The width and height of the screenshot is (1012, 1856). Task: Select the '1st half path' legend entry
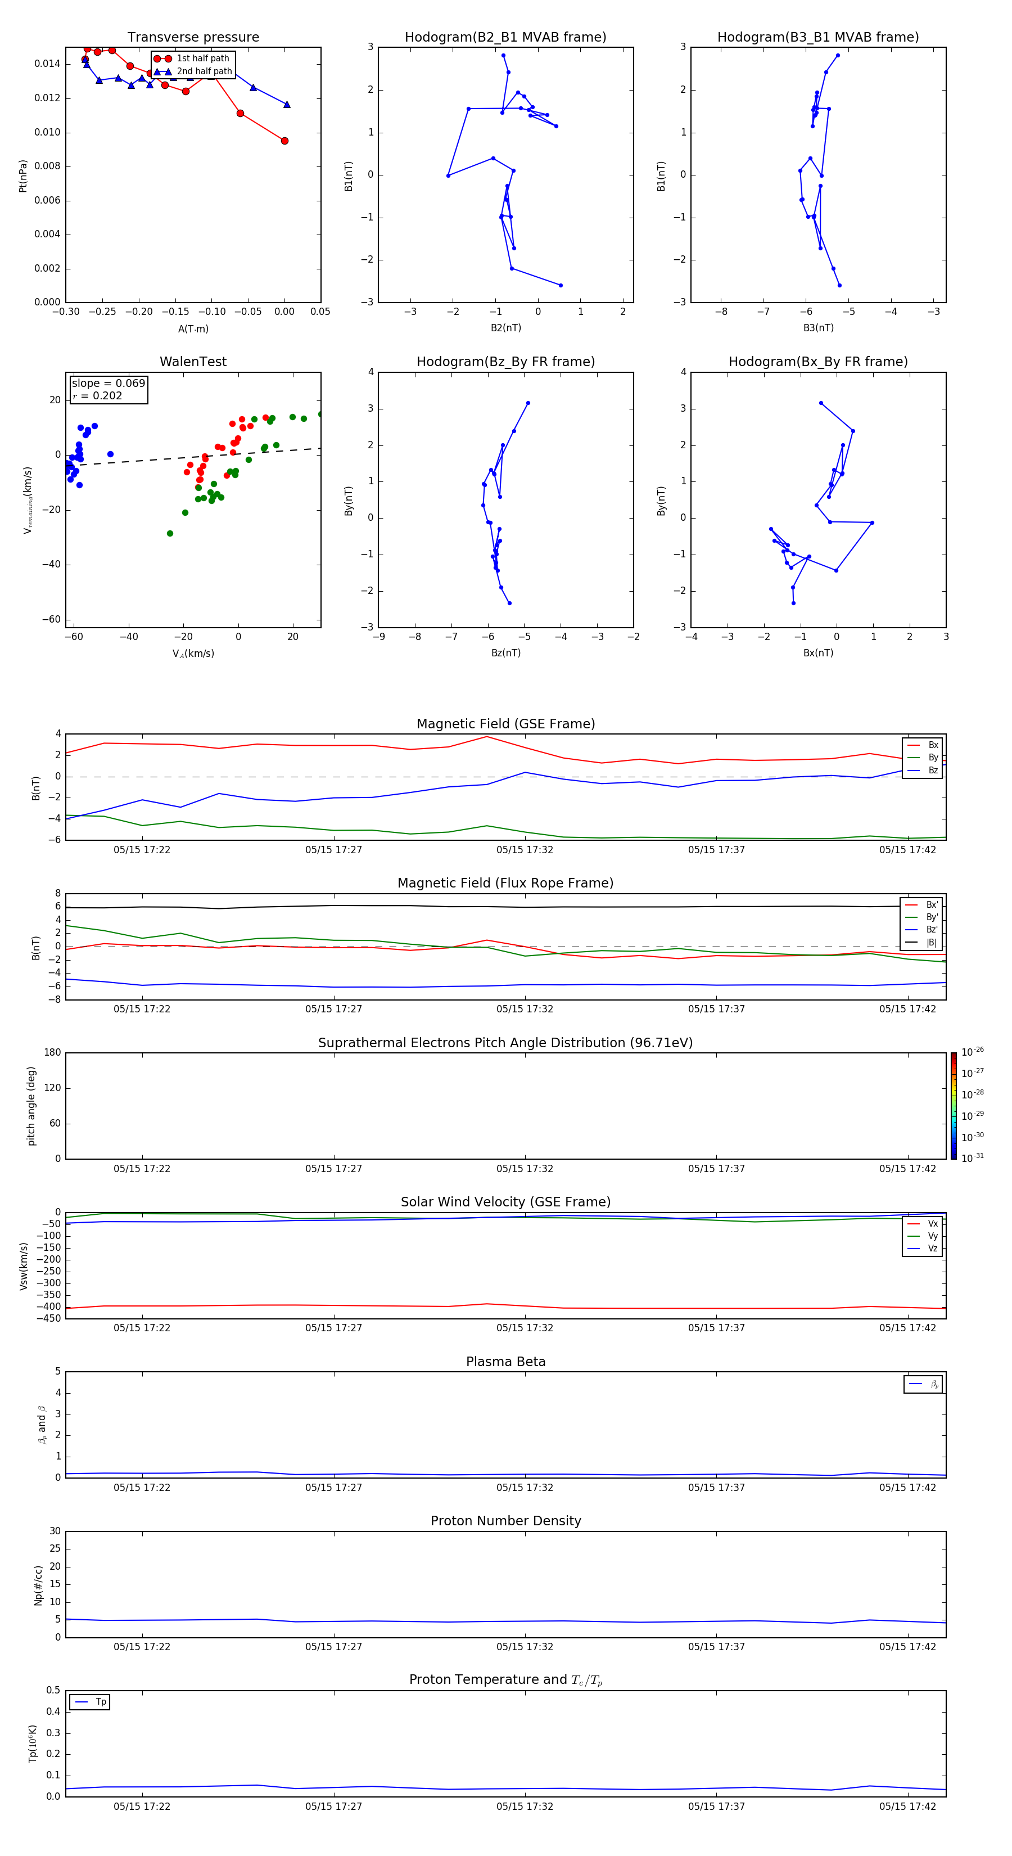coord(202,58)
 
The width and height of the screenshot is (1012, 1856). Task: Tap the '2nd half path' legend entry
coord(204,71)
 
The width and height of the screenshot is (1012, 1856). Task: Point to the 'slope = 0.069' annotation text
coord(108,384)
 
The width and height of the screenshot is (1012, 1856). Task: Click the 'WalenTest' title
coord(193,362)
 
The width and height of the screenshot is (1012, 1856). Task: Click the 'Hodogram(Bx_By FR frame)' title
coord(817,362)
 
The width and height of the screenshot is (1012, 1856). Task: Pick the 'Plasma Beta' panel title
coord(505,1362)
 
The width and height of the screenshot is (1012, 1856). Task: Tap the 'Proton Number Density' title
coord(505,1521)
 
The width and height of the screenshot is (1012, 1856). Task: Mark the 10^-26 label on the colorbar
coord(973,1052)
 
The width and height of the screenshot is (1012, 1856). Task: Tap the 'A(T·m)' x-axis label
coord(193,329)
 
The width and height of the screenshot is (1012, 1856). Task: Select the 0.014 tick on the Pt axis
coord(48,64)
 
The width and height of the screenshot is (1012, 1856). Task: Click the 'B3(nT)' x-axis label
coord(818,328)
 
